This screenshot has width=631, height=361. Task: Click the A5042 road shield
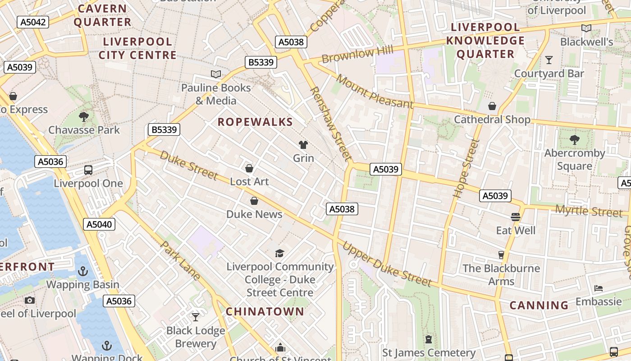pyautogui.click(x=32, y=22)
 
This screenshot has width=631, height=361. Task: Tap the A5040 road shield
pyautogui.click(x=99, y=224)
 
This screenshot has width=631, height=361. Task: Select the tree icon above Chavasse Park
pyautogui.click(x=83, y=117)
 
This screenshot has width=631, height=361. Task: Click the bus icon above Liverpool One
pyautogui.click(x=88, y=170)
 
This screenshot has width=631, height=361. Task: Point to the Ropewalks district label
pyautogui.click(x=255, y=122)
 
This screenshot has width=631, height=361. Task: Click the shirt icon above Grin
pyautogui.click(x=303, y=145)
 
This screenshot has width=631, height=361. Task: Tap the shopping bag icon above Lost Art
pyautogui.click(x=249, y=168)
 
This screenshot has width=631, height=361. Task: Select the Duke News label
pyautogui.click(x=254, y=214)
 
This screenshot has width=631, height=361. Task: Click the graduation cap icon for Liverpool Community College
pyautogui.click(x=280, y=253)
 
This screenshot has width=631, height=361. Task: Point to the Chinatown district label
pyautogui.click(x=265, y=311)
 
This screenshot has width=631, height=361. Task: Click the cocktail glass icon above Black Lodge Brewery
pyautogui.click(x=195, y=317)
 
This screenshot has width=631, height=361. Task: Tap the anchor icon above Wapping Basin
pyautogui.click(x=82, y=271)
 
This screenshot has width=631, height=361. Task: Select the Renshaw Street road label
pyautogui.click(x=330, y=124)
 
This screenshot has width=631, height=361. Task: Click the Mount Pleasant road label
pyautogui.click(x=375, y=92)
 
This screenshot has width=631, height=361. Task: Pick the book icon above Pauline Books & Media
pyautogui.click(x=216, y=74)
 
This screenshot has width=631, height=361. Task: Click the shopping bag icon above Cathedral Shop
pyautogui.click(x=492, y=106)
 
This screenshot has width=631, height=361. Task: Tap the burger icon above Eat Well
pyautogui.click(x=516, y=217)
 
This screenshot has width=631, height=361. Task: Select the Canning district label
pyautogui.click(x=539, y=305)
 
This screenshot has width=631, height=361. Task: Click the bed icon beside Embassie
pyautogui.click(x=599, y=288)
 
